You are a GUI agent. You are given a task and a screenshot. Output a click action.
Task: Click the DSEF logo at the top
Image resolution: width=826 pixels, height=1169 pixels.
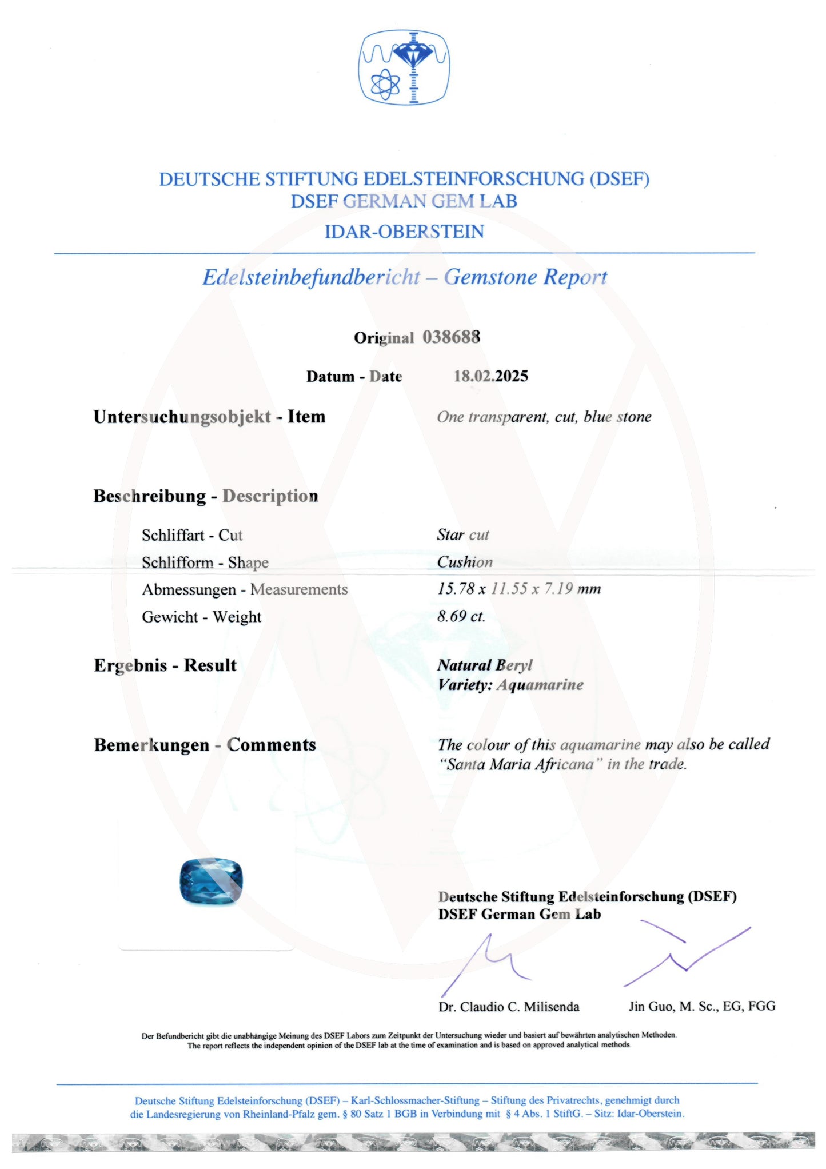click(404, 67)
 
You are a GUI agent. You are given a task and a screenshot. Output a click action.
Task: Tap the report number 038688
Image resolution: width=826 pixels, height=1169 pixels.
click(451, 337)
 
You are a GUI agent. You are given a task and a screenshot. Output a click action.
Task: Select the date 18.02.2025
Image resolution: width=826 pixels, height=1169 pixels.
click(490, 376)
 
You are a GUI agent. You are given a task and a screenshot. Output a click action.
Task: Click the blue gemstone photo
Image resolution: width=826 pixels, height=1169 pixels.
click(211, 881)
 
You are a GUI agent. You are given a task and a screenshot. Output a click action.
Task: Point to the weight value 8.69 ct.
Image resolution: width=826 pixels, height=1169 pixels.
click(461, 616)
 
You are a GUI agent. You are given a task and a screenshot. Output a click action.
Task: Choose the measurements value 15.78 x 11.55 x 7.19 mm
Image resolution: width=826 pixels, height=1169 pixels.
click(519, 589)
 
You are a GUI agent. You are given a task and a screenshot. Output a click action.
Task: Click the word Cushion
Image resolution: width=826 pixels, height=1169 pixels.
click(465, 562)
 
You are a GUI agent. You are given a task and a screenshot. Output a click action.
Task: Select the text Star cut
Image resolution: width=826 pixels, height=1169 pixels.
click(463, 535)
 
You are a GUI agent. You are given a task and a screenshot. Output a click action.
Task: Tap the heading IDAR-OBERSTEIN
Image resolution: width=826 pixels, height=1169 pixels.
click(404, 232)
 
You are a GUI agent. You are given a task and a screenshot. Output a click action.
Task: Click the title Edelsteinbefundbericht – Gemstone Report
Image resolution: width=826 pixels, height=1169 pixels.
click(405, 277)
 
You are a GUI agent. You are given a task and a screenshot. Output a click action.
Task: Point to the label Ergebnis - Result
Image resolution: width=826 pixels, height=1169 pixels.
click(165, 665)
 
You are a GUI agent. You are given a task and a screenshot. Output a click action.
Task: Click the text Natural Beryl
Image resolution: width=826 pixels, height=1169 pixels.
click(485, 665)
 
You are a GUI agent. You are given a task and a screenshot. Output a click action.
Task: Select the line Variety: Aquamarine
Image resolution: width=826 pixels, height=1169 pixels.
click(510, 685)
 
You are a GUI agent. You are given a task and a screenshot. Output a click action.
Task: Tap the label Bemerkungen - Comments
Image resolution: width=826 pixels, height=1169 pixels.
click(205, 745)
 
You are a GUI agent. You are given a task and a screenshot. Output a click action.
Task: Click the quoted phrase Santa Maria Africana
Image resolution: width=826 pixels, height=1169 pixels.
click(521, 764)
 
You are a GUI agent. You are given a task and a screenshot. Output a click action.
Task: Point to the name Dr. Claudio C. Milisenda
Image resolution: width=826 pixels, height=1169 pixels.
click(509, 1007)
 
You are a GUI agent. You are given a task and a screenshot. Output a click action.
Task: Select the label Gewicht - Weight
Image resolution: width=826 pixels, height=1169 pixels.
click(201, 617)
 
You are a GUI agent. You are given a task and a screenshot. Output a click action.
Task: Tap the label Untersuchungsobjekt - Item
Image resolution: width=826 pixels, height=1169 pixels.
click(209, 417)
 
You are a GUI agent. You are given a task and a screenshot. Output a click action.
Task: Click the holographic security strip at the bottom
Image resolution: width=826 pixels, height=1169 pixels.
click(413, 1142)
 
